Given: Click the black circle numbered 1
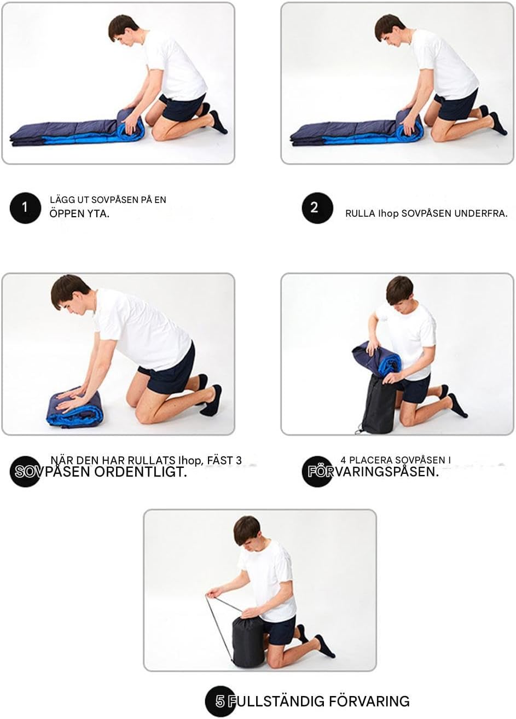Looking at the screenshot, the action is (25, 208).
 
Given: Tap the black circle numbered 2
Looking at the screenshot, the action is (317, 208).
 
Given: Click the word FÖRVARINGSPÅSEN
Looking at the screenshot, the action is (373, 472).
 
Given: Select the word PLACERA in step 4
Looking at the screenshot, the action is (370, 460).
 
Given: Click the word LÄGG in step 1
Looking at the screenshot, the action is (61, 200).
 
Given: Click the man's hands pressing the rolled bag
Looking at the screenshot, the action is (71, 399).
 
